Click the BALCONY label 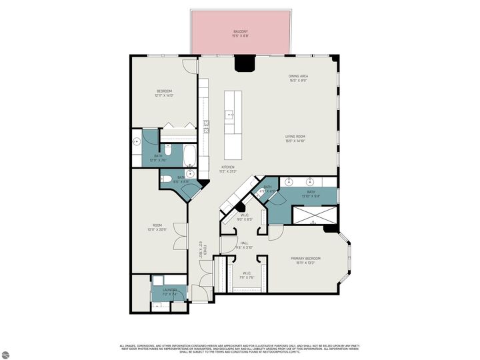tap(241, 33)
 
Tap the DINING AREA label tap(298, 78)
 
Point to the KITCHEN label tap(228, 169)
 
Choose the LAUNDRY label tap(170, 291)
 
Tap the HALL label tap(244, 245)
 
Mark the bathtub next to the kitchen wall tap(189, 156)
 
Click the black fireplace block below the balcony tap(245, 63)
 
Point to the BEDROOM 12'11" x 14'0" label tap(165, 93)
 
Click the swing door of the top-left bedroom tap(191, 65)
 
